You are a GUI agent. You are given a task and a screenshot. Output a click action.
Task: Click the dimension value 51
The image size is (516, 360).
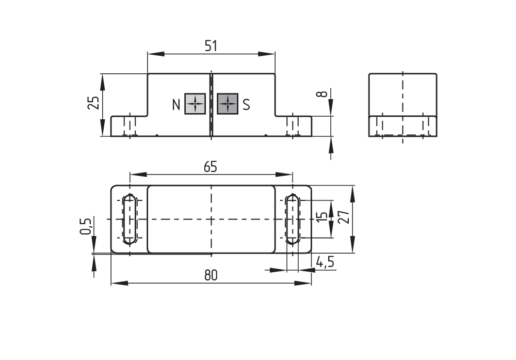point(211,46)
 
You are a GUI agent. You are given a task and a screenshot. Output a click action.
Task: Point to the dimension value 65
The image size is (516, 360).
point(211,167)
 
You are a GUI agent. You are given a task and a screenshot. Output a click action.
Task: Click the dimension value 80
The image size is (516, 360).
point(211,275)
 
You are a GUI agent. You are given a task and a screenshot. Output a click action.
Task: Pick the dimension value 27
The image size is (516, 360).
point(344,217)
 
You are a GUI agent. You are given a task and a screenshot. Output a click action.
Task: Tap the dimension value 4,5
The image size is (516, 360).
point(325,262)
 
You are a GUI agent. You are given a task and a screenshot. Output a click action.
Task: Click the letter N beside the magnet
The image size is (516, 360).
point(176,105)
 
